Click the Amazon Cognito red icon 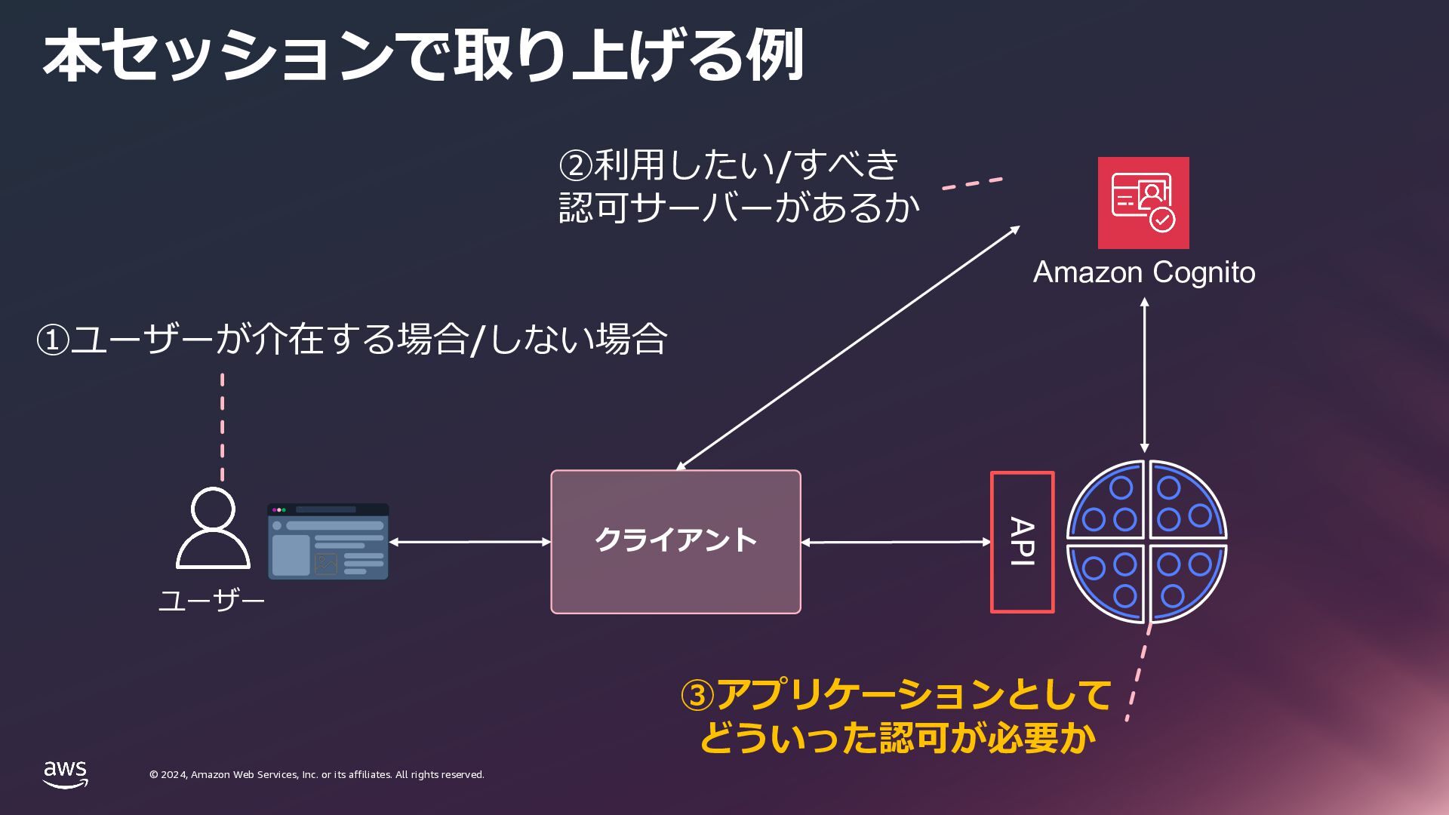click(x=1143, y=202)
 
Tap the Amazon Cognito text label click(x=1143, y=272)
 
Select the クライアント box click(x=675, y=541)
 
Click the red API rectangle click(x=1022, y=542)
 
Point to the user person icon click(x=213, y=527)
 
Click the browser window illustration click(x=328, y=542)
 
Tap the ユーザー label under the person click(x=211, y=601)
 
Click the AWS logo click(x=65, y=774)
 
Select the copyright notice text click(x=316, y=775)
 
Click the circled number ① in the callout click(x=53, y=340)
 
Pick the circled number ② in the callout click(x=576, y=165)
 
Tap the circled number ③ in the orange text click(x=697, y=695)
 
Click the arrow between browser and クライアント click(x=469, y=542)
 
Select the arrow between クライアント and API click(x=895, y=542)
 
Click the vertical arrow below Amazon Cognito click(x=1144, y=375)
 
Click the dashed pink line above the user click(x=222, y=426)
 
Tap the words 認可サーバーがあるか click(x=739, y=208)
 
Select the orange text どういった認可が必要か click(x=897, y=737)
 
